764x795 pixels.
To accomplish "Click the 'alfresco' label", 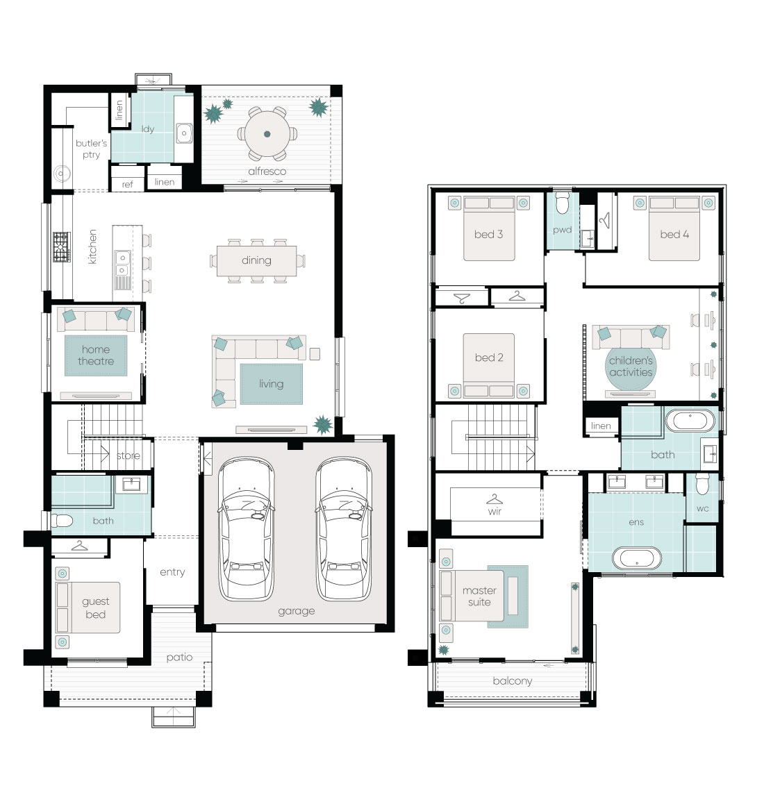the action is [x=267, y=171].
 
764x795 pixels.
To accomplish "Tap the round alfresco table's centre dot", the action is [x=267, y=134].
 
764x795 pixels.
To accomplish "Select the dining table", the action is [x=257, y=260].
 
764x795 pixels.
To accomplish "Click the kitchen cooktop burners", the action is [x=61, y=247].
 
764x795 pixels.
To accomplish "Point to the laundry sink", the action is [x=184, y=133].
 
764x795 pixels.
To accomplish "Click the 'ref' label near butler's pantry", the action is [x=127, y=184].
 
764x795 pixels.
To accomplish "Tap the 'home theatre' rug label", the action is [x=96, y=355].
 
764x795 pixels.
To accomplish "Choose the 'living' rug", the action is [x=272, y=384].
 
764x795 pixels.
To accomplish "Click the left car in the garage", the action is [x=247, y=529].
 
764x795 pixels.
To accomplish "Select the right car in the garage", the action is [x=344, y=529].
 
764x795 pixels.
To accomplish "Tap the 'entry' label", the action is [x=172, y=572].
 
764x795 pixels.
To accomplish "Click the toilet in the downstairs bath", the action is [x=62, y=520].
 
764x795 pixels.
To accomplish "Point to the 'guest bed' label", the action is [x=95, y=608].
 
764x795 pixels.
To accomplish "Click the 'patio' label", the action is [x=180, y=657].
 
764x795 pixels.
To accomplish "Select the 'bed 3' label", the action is [x=488, y=234].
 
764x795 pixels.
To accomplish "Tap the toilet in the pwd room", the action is [x=563, y=203].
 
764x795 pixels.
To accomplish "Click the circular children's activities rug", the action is [x=631, y=366].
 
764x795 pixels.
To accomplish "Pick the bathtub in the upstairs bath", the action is [x=690, y=420].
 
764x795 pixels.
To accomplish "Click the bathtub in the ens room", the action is [x=637, y=558].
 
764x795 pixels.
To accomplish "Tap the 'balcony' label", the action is [x=513, y=681].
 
